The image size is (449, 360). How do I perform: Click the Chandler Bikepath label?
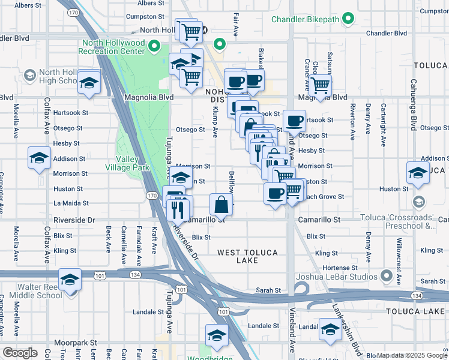[306, 19]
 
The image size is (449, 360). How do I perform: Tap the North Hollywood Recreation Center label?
[114, 47]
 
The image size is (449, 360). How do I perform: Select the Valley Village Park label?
[128, 164]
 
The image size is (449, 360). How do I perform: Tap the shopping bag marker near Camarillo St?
[221, 204]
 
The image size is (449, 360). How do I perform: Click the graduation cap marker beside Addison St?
[40, 158]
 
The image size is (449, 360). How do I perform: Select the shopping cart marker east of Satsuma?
[321, 85]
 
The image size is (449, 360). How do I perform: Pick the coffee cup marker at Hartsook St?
[294, 121]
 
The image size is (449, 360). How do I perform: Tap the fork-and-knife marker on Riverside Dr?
[178, 209]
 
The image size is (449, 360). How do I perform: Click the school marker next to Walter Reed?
[70, 280]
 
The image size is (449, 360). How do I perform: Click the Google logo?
[19, 353]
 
